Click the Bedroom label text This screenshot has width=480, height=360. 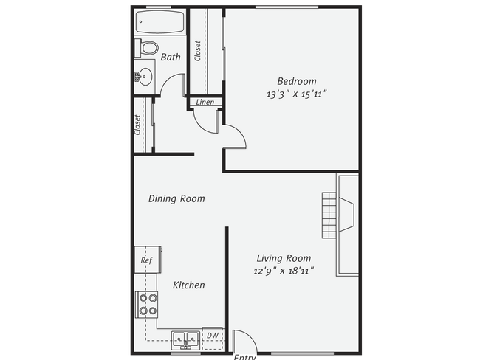coord(297,81)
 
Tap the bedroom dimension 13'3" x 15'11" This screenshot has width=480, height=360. coord(297,94)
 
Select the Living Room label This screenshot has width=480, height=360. coord(284,258)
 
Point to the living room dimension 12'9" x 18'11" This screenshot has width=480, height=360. coord(284,271)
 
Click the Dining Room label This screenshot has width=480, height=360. coord(176,198)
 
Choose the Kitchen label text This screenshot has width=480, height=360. coord(189,285)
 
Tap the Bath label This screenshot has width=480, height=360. coord(171,57)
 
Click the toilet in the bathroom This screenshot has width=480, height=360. coord(148,49)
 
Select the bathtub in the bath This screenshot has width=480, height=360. coord(159,23)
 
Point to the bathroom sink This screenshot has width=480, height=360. coord(145,75)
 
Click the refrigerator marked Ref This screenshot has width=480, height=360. coord(147,260)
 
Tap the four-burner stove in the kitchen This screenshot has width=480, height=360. coord(147,305)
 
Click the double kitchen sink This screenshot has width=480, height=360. coord(186,339)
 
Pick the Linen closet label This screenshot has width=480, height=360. coord(205,102)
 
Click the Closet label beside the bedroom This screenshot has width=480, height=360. coord(198,50)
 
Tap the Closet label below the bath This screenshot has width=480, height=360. coord(138,124)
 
